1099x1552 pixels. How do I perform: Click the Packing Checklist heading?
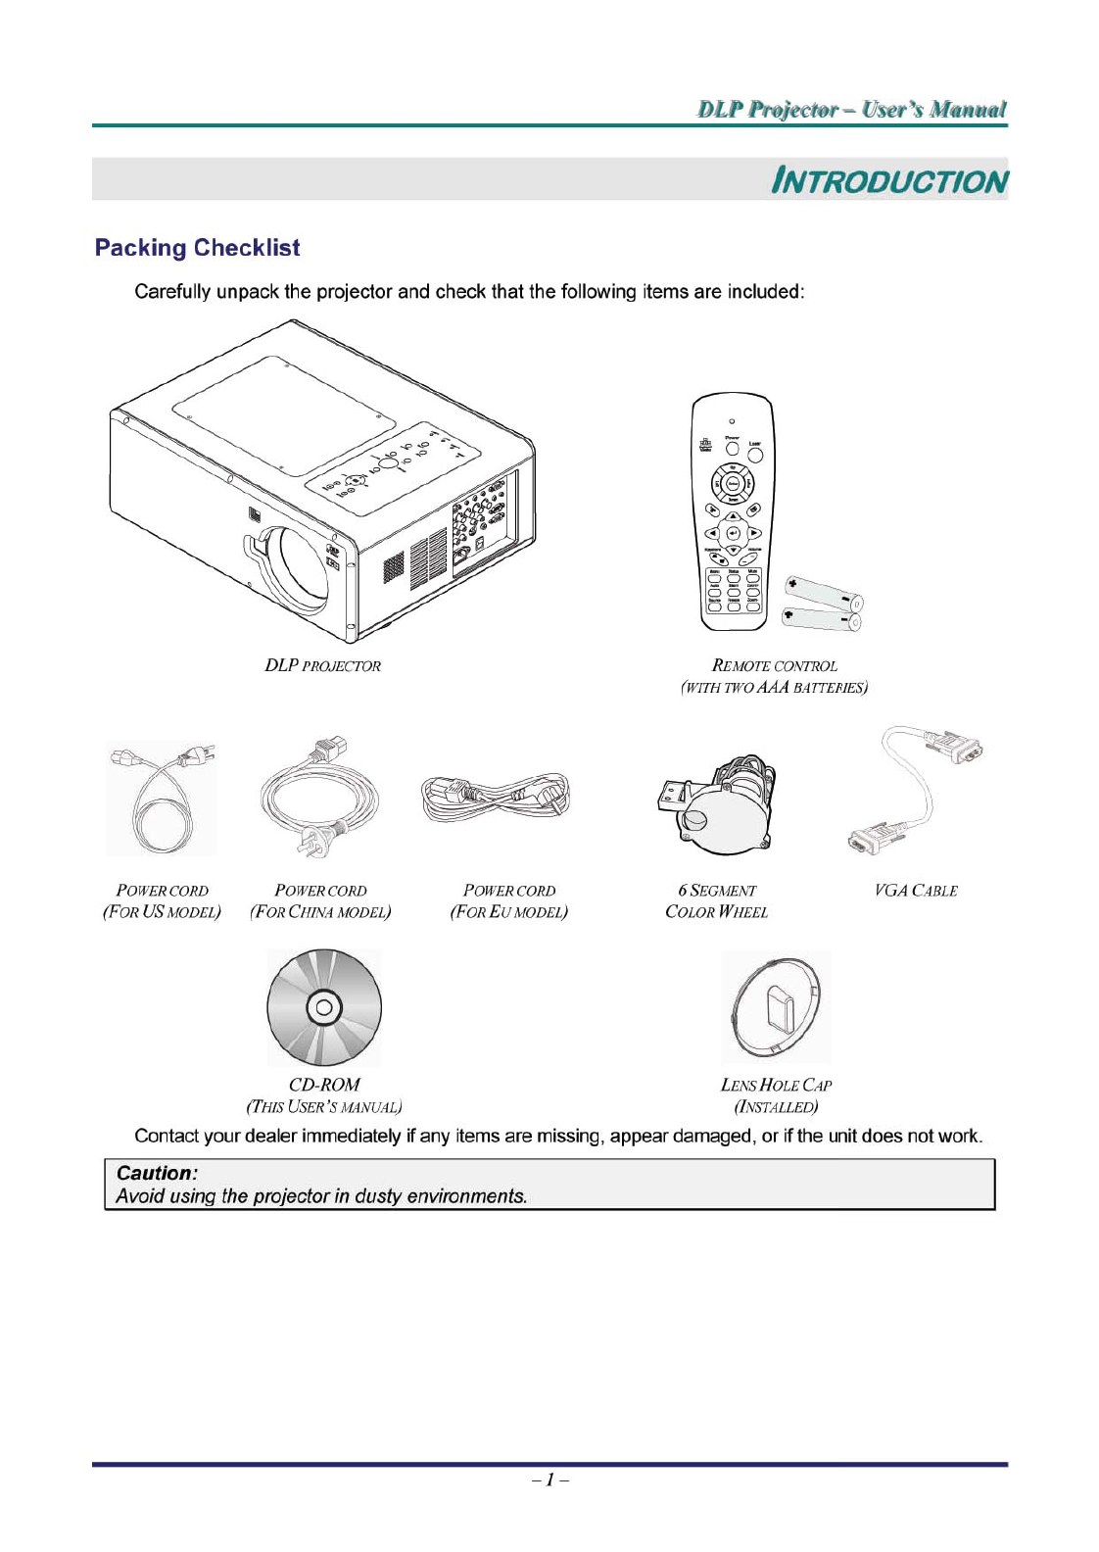(197, 248)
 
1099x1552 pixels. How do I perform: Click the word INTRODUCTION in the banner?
(888, 181)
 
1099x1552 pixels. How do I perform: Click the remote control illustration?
(733, 511)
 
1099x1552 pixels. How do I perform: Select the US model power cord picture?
(162, 800)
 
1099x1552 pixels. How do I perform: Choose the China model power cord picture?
(319, 798)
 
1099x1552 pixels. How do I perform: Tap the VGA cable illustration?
(915, 790)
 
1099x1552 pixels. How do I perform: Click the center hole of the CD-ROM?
(324, 1007)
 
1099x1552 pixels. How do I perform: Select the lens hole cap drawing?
(776, 1007)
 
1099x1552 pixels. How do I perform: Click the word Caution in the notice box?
(157, 1173)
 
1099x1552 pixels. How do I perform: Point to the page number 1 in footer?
(550, 1479)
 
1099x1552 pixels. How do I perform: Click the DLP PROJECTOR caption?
(322, 666)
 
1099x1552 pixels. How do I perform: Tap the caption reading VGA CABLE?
(916, 891)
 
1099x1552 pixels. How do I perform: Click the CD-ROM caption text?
(324, 1085)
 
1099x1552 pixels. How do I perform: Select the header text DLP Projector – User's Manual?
(851, 109)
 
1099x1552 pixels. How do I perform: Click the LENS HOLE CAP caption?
(776, 1086)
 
